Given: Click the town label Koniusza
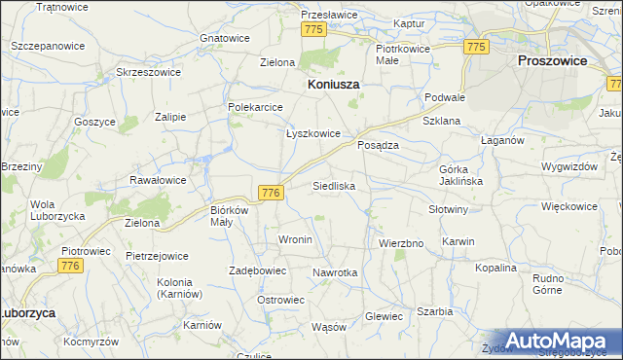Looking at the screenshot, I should (334, 85).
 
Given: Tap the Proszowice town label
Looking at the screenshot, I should (552, 60).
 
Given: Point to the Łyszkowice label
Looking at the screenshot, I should (312, 134).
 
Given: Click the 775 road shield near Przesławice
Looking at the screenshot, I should (313, 30).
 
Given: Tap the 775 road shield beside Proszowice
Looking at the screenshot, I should (476, 47).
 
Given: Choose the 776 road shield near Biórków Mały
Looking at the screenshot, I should (272, 194).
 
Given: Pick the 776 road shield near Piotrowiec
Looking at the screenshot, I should (69, 266).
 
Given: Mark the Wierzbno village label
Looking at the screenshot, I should (401, 243).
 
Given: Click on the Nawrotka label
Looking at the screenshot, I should (335, 273).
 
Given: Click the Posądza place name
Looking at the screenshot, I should (379, 144).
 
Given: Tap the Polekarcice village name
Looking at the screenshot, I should (255, 107).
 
